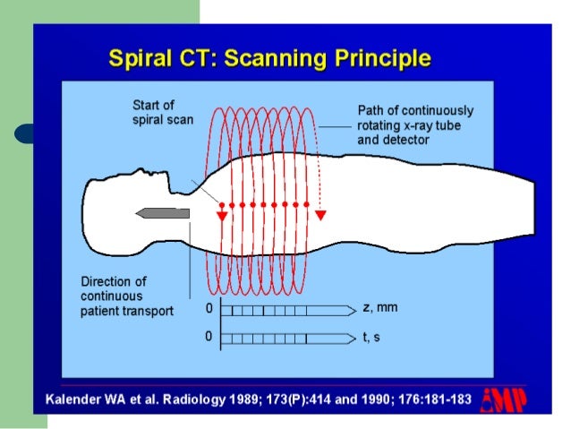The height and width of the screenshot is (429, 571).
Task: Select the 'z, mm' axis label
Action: (x=379, y=307)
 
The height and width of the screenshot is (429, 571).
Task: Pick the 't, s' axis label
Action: (x=373, y=338)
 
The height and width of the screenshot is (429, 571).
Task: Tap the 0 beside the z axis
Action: (x=208, y=308)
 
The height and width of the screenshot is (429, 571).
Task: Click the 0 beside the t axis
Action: (x=208, y=338)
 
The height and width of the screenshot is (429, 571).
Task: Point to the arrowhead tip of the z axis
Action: (x=355, y=309)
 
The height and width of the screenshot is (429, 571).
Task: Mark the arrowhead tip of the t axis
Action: (x=355, y=339)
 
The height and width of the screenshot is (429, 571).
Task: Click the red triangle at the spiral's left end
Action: (x=220, y=215)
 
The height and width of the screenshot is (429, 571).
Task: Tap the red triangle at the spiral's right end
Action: (x=320, y=215)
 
